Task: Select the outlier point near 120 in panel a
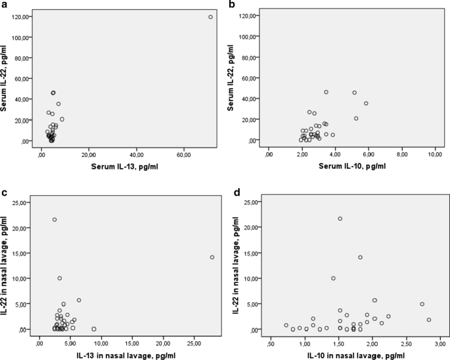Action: pos(210,17)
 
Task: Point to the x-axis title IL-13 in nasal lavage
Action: pos(125,355)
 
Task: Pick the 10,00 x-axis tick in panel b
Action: pos(436,155)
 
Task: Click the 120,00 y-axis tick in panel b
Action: pos(250,16)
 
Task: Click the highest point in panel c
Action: pos(55,219)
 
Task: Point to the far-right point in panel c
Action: pos(212,258)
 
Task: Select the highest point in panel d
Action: pos(340,219)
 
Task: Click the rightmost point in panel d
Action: pos(429,320)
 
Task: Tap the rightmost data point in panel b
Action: pos(367,103)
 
